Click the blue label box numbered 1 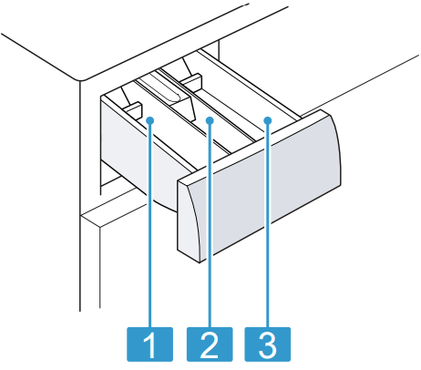click(149, 344)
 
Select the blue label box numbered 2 click(210, 344)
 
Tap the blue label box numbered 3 click(268, 344)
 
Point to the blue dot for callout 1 click(150, 120)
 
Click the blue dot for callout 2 click(210, 120)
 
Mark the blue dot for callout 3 click(268, 120)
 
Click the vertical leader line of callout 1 click(150, 225)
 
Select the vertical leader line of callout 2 click(210, 225)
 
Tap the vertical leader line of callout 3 click(268, 225)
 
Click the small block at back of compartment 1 click(133, 110)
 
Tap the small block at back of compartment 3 click(191, 82)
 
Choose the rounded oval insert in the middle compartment click(166, 89)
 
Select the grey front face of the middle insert click(182, 108)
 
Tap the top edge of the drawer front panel click(253, 147)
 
